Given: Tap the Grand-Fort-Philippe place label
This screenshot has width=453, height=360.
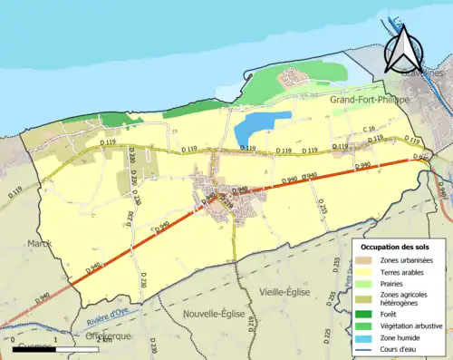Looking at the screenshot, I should [369, 99].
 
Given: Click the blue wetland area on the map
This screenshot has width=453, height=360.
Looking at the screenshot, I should [262, 124].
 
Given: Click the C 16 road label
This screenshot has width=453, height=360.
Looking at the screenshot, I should [370, 130].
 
